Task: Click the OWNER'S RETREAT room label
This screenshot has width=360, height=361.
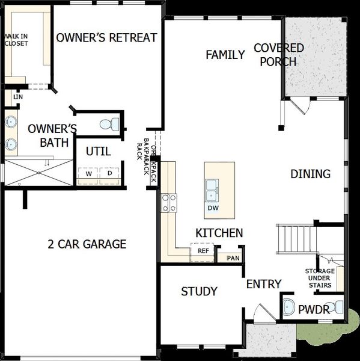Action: point(106,38)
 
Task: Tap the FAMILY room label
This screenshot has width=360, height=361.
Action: point(225,55)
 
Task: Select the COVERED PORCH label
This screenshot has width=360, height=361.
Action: point(278,55)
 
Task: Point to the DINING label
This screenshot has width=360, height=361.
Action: point(310,174)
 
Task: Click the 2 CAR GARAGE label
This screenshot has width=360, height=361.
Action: point(87,244)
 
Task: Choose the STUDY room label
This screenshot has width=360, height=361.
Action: point(199,292)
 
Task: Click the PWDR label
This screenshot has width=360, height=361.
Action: point(314,310)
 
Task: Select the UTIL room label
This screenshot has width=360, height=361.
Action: point(97,151)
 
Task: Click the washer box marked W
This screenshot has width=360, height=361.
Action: point(88,173)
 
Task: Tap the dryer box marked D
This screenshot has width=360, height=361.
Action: point(109,173)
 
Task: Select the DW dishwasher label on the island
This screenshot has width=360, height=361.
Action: point(213,208)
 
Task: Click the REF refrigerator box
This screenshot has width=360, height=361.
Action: point(203,250)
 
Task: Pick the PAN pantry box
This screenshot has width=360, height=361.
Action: point(231,259)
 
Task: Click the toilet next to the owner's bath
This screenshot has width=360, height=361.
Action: point(109,125)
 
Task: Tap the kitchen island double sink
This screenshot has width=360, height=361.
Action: point(212,190)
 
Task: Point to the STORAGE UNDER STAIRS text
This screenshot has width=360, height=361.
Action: point(319,278)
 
